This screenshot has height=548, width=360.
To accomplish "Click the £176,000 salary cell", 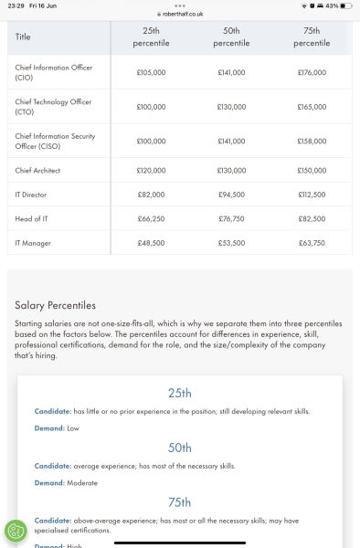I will click(312, 72).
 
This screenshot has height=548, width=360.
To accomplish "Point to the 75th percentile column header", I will click(312, 37).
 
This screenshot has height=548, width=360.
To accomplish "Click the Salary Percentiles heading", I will click(55, 305).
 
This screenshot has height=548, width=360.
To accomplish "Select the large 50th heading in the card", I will click(180, 448).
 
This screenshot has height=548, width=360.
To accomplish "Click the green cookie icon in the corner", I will click(16, 531).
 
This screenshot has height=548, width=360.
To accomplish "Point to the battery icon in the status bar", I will click(344, 5).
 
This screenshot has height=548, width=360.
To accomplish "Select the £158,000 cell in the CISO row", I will click(312, 142).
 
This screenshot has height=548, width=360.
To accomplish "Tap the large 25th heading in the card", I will click(180, 394).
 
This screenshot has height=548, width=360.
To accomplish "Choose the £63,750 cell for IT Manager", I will click(312, 243).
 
